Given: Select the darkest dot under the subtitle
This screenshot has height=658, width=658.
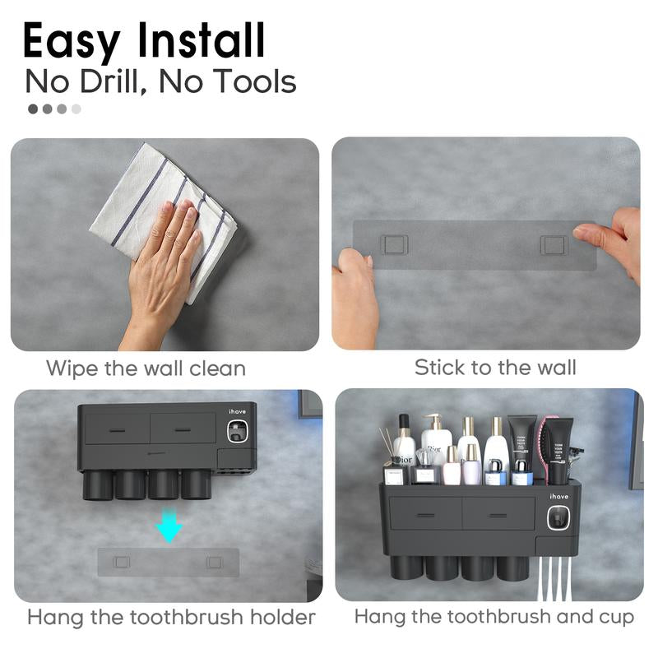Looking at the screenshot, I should (x=33, y=109).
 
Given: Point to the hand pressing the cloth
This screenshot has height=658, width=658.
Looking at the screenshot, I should (x=164, y=263).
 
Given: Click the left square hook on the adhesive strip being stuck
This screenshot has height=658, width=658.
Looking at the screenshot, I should (x=393, y=244).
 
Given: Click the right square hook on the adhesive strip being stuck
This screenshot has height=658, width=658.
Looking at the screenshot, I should (x=554, y=244).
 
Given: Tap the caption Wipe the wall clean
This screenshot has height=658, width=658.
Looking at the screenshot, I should (x=146, y=368).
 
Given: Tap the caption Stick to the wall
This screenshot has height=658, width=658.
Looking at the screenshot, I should (x=495, y=367).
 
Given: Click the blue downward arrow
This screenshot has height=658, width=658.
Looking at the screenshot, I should (x=169, y=527).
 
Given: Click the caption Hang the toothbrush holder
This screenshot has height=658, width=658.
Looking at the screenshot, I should (x=171, y=617).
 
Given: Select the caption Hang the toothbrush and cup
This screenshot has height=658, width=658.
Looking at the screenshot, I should (x=493, y=616).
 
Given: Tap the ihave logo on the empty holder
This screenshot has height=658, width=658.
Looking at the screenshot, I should (x=237, y=411).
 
